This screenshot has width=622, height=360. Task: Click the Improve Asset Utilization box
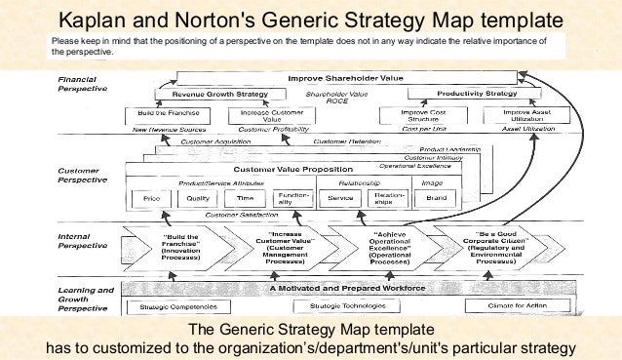512,115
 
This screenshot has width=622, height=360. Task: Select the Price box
151,198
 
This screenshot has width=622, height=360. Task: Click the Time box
245,198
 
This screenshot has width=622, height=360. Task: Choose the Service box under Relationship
340,198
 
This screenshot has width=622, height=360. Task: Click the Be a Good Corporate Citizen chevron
490,250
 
